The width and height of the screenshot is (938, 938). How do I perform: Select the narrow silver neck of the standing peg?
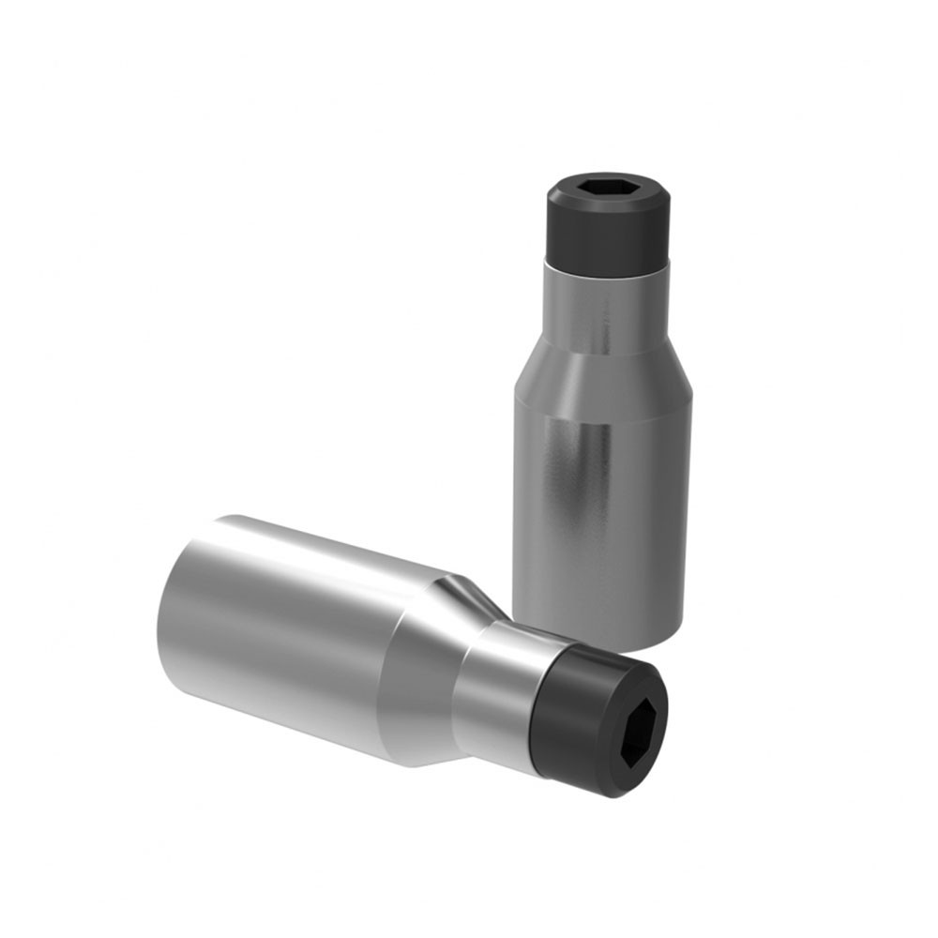tap(604, 305)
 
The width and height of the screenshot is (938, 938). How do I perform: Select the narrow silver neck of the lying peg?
tap(497, 689)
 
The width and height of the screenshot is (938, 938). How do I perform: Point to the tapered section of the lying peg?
tap(422, 666)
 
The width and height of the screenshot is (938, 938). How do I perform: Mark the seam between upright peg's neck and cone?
tap(604, 348)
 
